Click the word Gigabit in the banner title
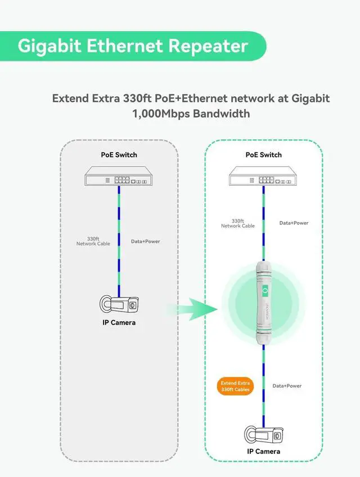tap(49, 46)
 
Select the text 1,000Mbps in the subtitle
tap(160, 113)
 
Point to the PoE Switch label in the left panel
tap(119, 155)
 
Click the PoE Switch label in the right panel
tap(263, 155)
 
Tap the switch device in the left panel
tap(119, 177)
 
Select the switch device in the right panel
tap(263, 178)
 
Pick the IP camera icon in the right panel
tap(263, 435)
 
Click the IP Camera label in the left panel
tap(119, 322)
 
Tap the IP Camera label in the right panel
tap(263, 451)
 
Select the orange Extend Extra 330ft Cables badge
tap(235, 386)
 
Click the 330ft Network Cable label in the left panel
tap(93, 241)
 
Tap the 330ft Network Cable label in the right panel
tap(237, 223)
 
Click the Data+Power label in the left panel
tap(145, 241)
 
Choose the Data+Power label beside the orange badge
tap(287, 386)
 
